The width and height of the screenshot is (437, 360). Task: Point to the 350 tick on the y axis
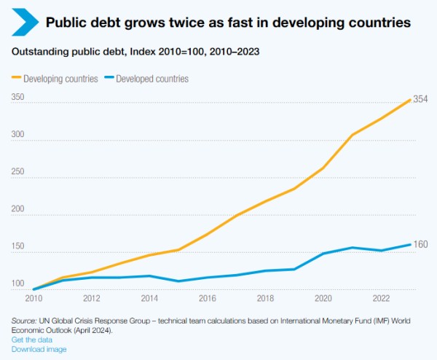pos(18,96)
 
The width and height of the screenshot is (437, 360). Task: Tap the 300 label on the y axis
pos(18,134)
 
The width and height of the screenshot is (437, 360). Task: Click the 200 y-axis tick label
pos(18,209)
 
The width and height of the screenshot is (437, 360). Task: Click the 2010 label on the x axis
pos(34,298)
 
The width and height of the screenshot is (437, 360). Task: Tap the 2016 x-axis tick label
pos(208,298)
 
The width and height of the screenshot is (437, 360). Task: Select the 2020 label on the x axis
pos(323,298)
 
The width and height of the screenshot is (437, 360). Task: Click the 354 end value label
pos(420,99)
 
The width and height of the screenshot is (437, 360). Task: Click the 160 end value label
pos(420,244)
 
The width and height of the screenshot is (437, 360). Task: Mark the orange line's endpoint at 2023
pos(410,99)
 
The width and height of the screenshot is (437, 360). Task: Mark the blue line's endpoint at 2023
pos(410,244)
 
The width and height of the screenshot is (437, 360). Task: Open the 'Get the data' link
pos(32,340)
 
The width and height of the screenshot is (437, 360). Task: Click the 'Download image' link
pos(39,349)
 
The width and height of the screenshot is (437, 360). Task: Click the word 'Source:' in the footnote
pos(25,321)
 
